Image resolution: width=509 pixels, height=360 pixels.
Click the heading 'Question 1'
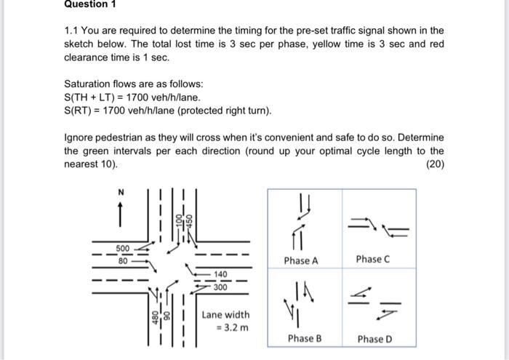click(x=89, y=4)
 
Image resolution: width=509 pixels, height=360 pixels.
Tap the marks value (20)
click(x=433, y=164)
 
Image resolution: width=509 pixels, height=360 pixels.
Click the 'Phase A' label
click(x=301, y=260)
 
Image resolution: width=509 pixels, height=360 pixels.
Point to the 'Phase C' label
click(x=374, y=260)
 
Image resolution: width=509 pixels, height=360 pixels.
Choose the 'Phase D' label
click(x=374, y=339)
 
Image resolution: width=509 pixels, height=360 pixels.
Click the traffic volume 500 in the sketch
click(x=124, y=247)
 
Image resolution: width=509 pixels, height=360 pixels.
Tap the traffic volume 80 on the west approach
click(x=124, y=259)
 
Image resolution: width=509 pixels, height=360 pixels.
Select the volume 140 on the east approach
click(x=220, y=275)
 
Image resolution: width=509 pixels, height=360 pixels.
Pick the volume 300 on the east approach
click(x=220, y=287)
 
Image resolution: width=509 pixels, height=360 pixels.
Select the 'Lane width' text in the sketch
click(x=225, y=315)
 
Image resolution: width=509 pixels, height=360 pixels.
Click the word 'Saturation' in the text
click(x=89, y=84)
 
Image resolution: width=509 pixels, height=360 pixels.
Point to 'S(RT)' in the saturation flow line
click(x=79, y=111)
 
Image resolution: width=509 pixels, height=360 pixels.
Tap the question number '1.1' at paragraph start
click(x=73, y=31)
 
